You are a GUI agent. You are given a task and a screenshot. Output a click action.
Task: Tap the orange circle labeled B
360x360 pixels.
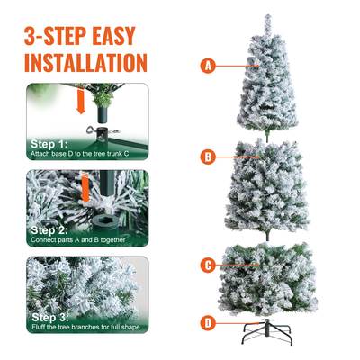click(208, 157)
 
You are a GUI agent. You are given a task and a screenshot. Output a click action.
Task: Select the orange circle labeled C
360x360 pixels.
click(208, 265)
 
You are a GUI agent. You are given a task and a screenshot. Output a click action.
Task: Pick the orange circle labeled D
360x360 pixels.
click(208, 322)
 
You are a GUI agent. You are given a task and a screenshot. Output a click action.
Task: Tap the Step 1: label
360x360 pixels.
click(49, 144)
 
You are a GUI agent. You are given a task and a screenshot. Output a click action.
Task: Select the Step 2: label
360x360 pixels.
click(49, 229)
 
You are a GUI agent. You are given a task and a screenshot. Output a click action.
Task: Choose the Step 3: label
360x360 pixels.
click(49, 317)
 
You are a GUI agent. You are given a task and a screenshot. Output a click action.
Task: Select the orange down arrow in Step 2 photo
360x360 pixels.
click(87, 190)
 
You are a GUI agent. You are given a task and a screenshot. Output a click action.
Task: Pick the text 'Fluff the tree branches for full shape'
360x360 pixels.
click(85, 328)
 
